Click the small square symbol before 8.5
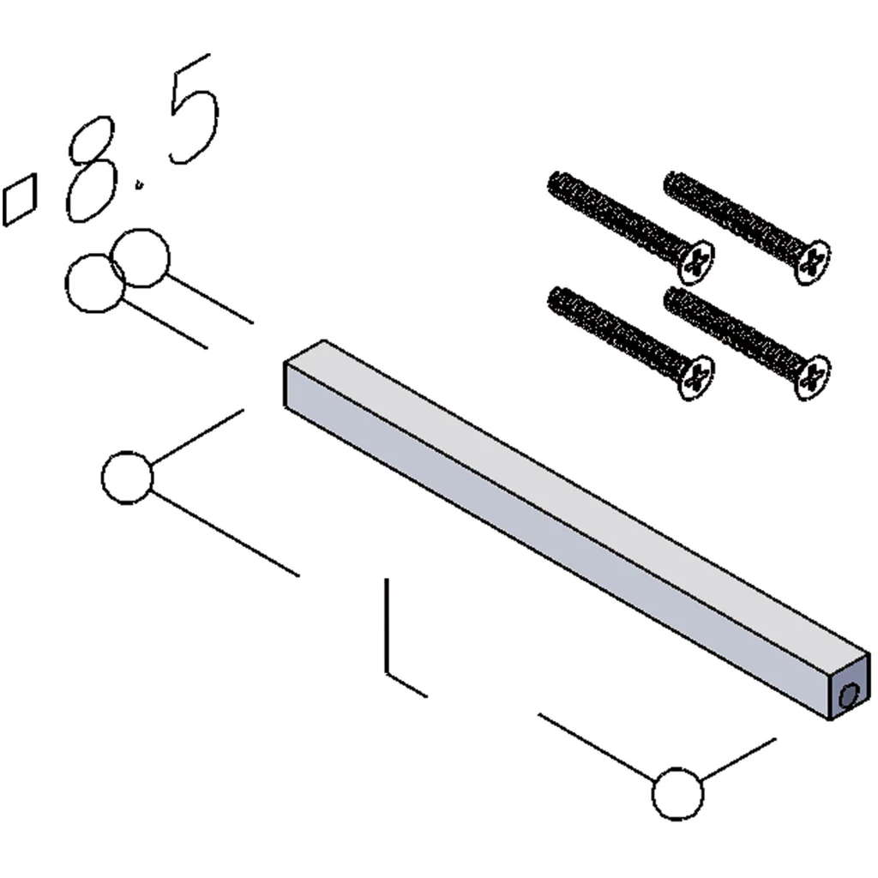coord(20,200)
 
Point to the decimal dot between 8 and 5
coord(140,184)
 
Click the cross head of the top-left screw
coord(696,262)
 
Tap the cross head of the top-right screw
coord(813,262)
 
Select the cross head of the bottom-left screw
coord(696,377)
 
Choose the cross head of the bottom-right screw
coord(813,377)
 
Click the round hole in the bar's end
coord(849,696)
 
